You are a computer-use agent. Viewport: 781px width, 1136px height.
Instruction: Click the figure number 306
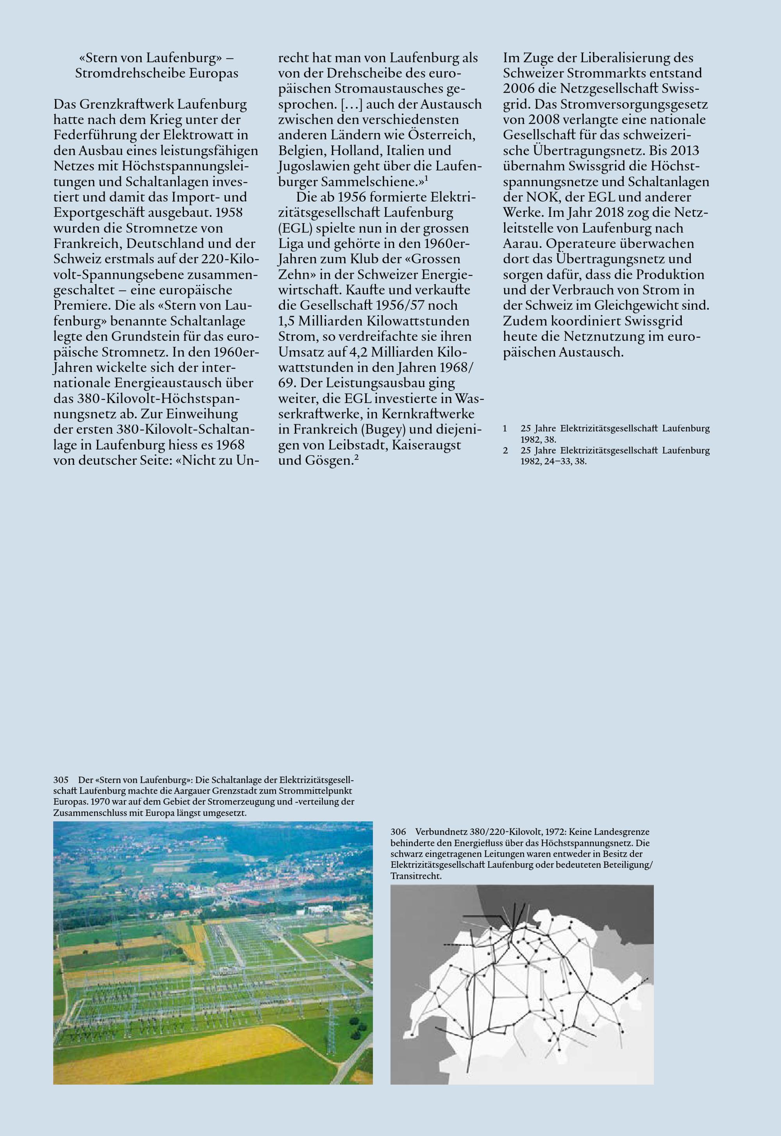pyautogui.click(x=398, y=832)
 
